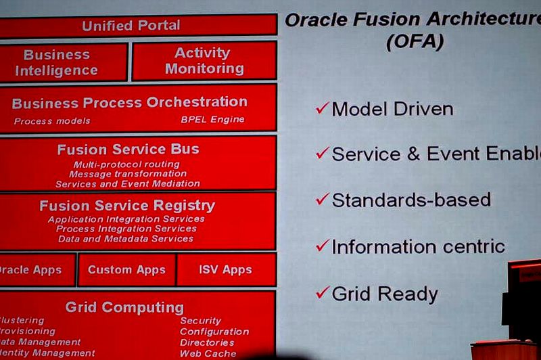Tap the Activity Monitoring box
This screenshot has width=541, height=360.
click(204, 61)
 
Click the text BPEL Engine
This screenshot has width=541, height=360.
click(212, 120)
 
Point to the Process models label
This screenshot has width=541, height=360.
click(52, 121)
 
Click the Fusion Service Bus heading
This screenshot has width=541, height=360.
click(128, 150)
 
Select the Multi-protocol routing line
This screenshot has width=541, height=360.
click(127, 164)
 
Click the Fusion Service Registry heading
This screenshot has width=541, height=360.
click(127, 205)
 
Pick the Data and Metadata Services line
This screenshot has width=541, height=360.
click(126, 239)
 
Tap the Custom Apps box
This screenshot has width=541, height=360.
click(126, 269)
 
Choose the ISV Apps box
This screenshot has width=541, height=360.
click(225, 269)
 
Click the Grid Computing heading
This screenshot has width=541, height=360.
click(124, 307)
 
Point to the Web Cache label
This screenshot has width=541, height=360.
click(208, 353)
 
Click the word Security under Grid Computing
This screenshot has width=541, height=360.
click(200, 321)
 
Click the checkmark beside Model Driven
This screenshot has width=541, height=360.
click(322, 108)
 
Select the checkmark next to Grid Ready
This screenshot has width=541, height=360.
click(322, 293)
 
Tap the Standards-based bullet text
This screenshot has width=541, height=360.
click(410, 200)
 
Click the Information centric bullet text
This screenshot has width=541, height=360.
click(418, 246)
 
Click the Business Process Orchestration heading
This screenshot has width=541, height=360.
click(130, 102)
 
